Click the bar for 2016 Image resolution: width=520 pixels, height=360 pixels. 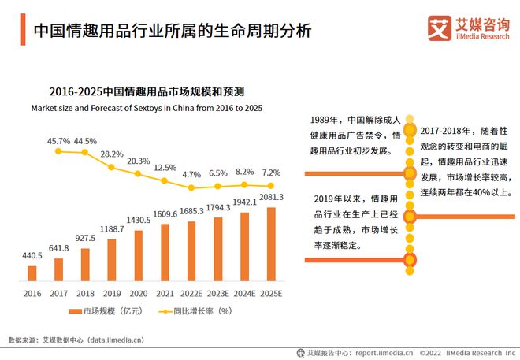click(32, 273)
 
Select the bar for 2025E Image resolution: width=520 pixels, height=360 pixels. click(272, 244)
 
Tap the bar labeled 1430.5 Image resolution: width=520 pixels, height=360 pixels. click(139, 255)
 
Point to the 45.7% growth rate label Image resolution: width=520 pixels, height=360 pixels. click(59, 141)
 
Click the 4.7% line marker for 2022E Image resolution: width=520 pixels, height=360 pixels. click(191, 187)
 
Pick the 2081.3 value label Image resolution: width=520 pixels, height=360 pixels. click(271, 197)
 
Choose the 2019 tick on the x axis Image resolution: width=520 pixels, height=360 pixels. click(112, 292)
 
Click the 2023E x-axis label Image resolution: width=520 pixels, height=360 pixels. click(218, 292)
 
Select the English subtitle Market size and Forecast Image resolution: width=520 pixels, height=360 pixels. click(147, 106)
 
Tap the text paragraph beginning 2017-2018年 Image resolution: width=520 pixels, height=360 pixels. click(466, 160)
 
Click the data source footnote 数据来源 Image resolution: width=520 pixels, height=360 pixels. click(76, 340)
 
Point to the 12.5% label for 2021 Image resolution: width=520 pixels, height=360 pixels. click(165, 168)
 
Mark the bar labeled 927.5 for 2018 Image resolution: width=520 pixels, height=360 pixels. click(85, 265)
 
